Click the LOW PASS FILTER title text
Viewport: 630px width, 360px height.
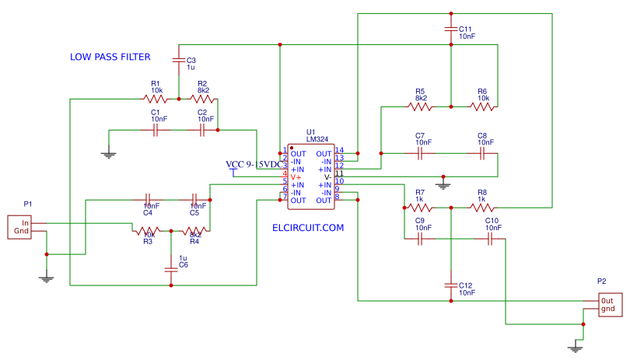pos(110,57)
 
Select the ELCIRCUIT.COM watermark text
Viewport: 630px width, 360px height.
pos(308,228)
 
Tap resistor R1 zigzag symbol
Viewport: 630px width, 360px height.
pos(156,99)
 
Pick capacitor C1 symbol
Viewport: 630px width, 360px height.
pos(156,131)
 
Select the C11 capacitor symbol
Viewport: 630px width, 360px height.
pos(450,29)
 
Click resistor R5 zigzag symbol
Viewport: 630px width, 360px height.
pos(420,107)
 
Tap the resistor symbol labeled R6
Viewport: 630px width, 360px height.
pos(482,107)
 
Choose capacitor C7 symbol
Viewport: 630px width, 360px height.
pos(420,154)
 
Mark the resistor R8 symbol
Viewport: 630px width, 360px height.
pos(482,208)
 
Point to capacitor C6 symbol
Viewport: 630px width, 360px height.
pos(171,270)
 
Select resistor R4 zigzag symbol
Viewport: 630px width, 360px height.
pos(194,232)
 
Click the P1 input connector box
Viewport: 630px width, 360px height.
pos(21,227)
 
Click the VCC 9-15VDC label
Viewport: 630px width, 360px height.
pos(254,165)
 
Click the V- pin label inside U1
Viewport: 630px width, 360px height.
pos(327,177)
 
